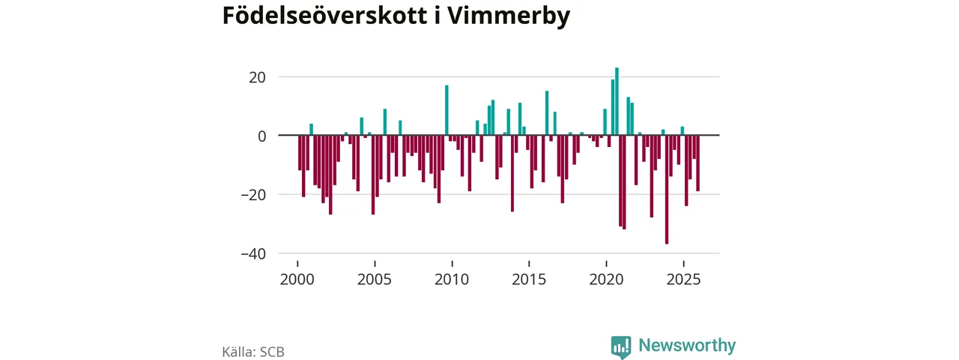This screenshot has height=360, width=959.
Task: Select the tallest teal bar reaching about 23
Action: point(617,102)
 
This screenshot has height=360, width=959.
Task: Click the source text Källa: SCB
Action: point(253,352)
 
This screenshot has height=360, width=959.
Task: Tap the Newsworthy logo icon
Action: point(620,346)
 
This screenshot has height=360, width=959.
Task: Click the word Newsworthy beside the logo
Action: point(686,346)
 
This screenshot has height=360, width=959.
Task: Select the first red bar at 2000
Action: point(300,153)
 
